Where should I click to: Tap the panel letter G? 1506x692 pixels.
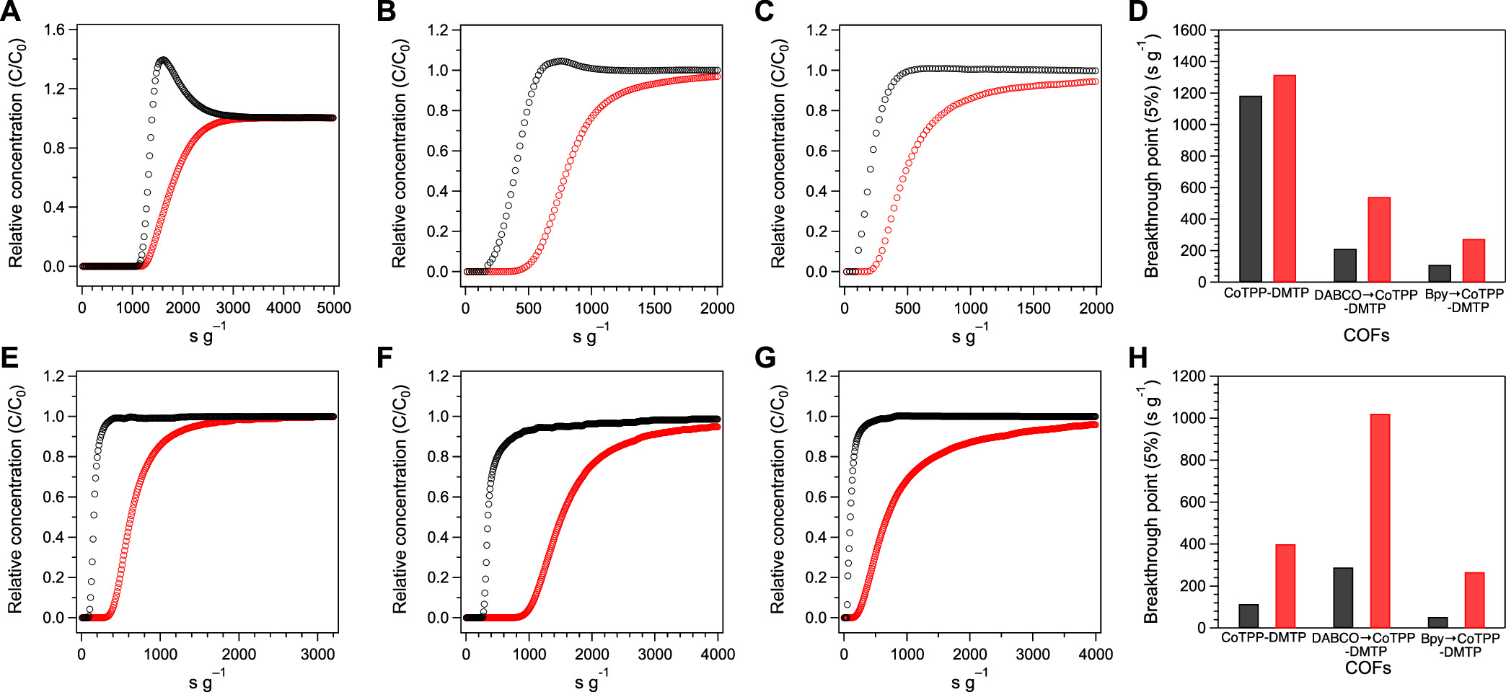point(765,358)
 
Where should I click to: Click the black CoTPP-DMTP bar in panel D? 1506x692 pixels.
point(1250,188)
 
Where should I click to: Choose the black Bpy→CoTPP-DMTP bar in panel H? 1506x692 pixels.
point(1437,622)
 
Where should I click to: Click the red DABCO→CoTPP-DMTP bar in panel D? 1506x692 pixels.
point(1378,239)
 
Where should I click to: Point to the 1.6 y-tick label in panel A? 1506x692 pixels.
point(54,30)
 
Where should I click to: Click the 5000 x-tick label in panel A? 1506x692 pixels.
point(334,308)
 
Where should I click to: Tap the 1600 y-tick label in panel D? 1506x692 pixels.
point(1189,30)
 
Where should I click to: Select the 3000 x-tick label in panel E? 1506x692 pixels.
point(317,654)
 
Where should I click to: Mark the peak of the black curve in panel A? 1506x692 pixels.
point(164,60)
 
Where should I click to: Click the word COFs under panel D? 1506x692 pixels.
point(1366,335)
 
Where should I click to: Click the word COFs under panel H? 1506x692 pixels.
point(1368,668)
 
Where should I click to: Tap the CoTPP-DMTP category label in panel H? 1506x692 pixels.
point(1263,638)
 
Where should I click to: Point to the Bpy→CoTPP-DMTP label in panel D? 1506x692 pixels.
point(1464,301)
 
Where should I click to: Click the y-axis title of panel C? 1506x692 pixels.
point(778,153)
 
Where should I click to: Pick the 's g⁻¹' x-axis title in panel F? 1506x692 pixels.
point(591,679)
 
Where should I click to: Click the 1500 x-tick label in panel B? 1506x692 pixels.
point(654,308)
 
